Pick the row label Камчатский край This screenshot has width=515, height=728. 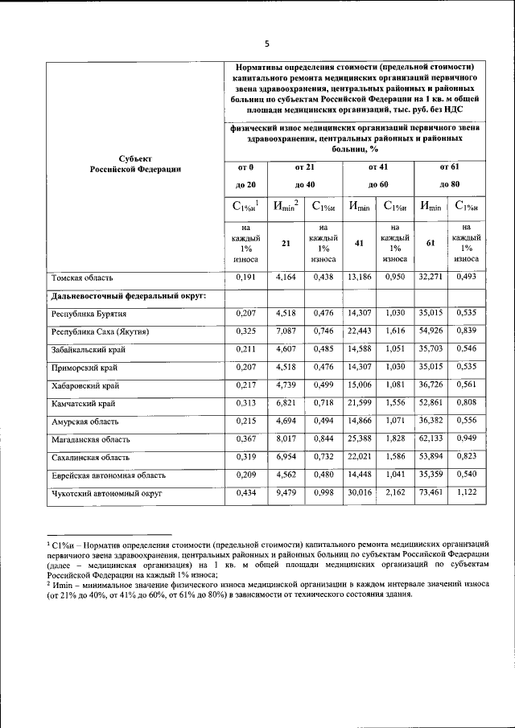[x=83, y=403]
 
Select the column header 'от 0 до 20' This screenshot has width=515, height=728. [x=246, y=176]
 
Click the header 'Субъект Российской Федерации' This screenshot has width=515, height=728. [x=134, y=163]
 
